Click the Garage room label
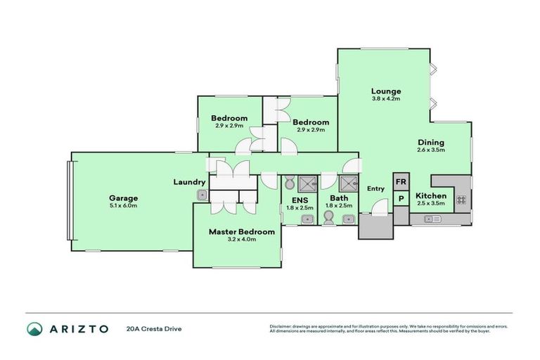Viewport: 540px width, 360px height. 123,198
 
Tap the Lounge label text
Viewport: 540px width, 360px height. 386,91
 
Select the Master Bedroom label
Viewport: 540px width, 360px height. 241,231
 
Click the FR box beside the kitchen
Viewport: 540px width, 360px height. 401,181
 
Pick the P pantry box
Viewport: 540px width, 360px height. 401,198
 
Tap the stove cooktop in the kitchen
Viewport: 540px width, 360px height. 461,200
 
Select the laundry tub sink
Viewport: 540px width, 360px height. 202,195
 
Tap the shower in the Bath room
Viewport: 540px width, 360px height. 348,184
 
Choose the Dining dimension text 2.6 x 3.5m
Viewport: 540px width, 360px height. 430,150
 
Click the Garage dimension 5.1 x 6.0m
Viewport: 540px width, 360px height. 123,205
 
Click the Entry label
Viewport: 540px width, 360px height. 375,188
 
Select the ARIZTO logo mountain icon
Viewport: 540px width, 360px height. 34,328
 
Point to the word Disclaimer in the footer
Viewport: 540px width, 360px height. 282,326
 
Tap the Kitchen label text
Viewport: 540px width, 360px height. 430,195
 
